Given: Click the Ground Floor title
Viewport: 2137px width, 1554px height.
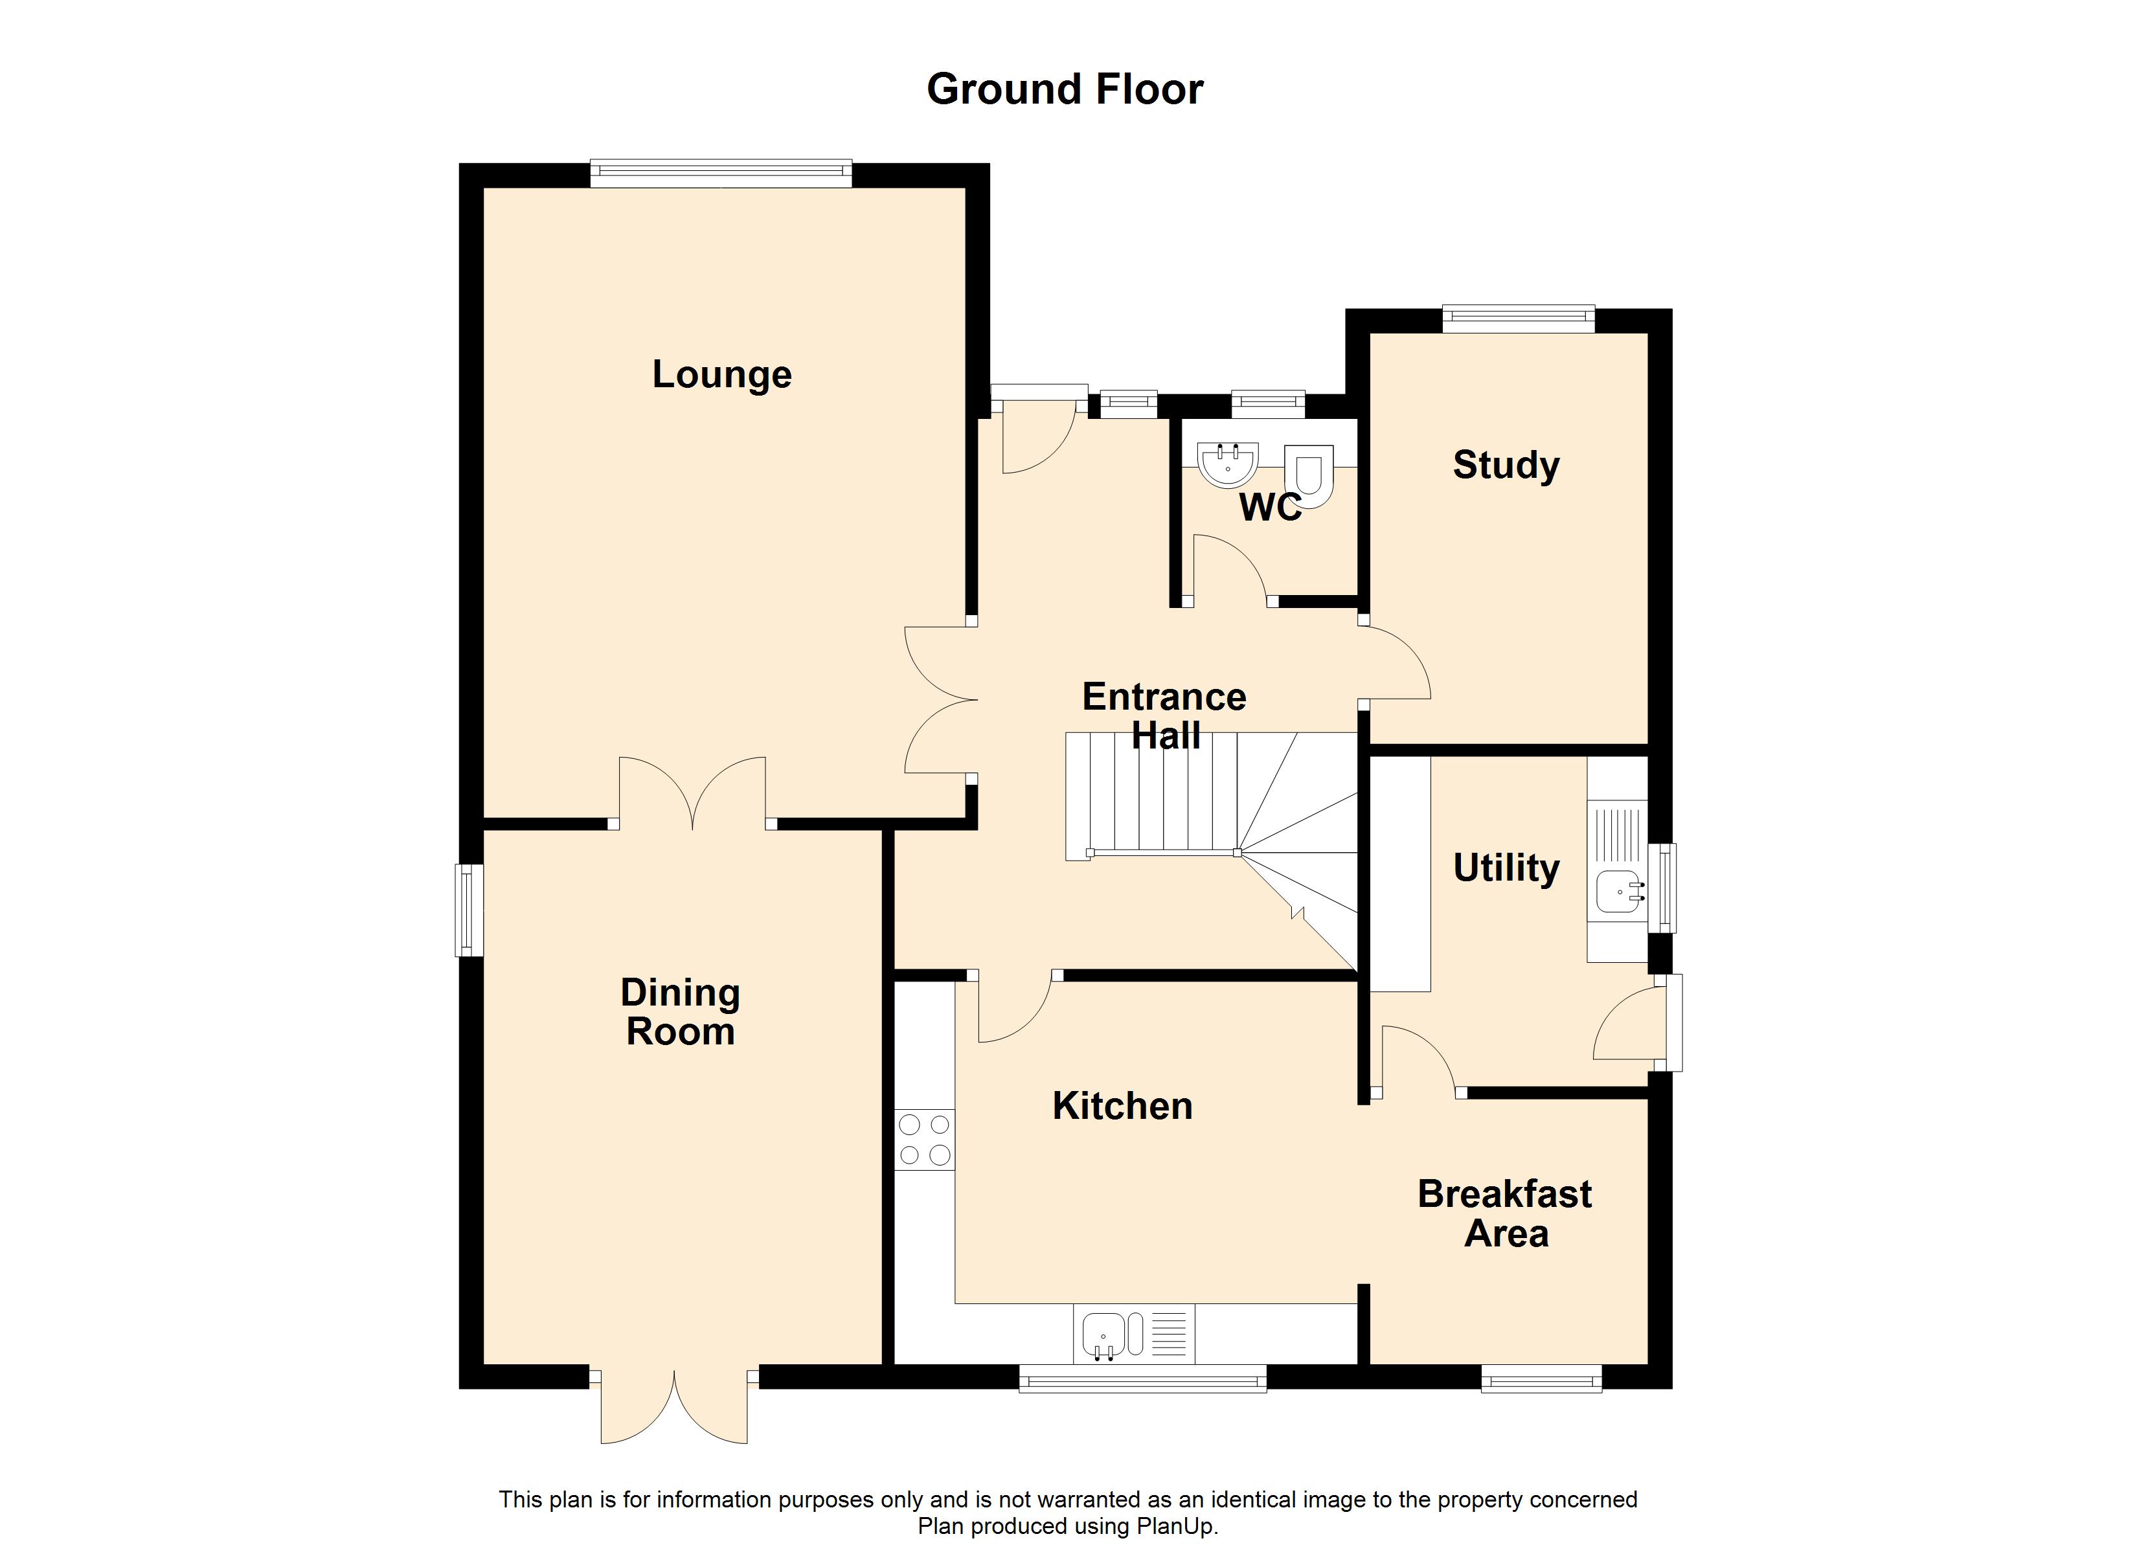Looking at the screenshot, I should pos(1065,89).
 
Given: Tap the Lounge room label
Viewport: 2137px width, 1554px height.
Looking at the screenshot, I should pos(722,375).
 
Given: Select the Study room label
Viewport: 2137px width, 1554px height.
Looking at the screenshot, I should pos(1506,465).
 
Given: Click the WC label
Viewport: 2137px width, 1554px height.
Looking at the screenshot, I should pos(1269,508).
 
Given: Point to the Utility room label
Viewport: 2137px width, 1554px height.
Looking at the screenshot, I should pos(1506,867).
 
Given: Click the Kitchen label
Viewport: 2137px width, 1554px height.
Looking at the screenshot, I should pos(1122,1105).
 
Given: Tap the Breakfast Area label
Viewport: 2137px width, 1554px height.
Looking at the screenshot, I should pos(1505,1214).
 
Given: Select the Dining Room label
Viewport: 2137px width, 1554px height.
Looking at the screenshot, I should pos(681,1012).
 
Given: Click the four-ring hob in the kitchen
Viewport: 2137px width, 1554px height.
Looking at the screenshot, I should pos(924,1140).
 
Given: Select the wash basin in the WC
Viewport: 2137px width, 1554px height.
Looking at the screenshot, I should pos(1228,462).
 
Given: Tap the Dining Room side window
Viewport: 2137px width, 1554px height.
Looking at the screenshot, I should pos(469,909).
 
